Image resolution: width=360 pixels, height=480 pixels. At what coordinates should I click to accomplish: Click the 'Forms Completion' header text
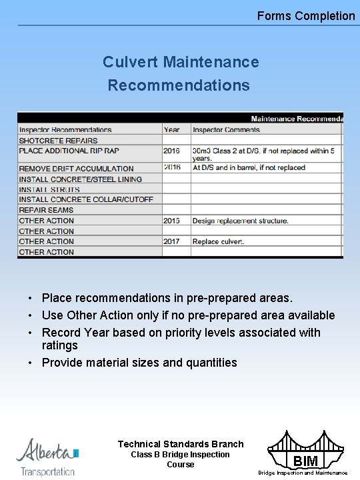tap(306, 16)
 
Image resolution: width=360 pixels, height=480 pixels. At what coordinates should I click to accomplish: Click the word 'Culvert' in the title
tap(130, 62)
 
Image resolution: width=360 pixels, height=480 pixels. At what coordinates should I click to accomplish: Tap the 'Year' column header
tap(171, 129)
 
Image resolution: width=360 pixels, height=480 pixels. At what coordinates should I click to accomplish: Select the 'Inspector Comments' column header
tap(226, 129)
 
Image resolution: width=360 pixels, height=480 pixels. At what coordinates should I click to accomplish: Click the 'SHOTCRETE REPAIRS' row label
tap(58, 141)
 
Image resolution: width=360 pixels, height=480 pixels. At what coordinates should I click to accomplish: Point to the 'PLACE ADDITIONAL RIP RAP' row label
tap(69, 151)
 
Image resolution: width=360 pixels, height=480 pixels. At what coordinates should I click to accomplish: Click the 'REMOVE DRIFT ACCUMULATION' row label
tap(76, 169)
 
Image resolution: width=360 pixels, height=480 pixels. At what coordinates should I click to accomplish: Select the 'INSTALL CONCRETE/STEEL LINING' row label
tap(80, 179)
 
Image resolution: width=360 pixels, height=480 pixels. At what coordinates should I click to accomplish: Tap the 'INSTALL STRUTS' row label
tap(49, 189)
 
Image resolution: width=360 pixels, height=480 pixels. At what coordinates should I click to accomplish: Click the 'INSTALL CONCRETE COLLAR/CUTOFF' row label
tap(86, 199)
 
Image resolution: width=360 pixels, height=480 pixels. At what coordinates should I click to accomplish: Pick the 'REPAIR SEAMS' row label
tap(46, 210)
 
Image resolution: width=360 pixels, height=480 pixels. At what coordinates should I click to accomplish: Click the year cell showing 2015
tap(171, 221)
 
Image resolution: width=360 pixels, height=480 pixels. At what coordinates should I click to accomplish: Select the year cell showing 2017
tap(171, 241)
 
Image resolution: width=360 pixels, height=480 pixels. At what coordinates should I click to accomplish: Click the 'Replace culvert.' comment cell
tap(218, 241)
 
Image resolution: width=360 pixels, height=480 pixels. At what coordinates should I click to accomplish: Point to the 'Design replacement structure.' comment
tap(240, 221)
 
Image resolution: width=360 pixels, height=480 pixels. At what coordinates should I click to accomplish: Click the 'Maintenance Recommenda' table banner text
tap(297, 119)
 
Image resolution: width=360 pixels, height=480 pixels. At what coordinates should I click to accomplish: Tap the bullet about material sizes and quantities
tap(139, 363)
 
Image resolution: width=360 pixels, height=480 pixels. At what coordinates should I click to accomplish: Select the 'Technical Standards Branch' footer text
tap(181, 444)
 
